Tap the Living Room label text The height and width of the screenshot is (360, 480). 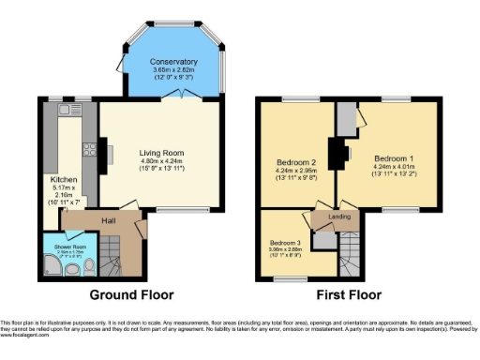(x=162, y=152)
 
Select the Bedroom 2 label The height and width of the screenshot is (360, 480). (x=295, y=162)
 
